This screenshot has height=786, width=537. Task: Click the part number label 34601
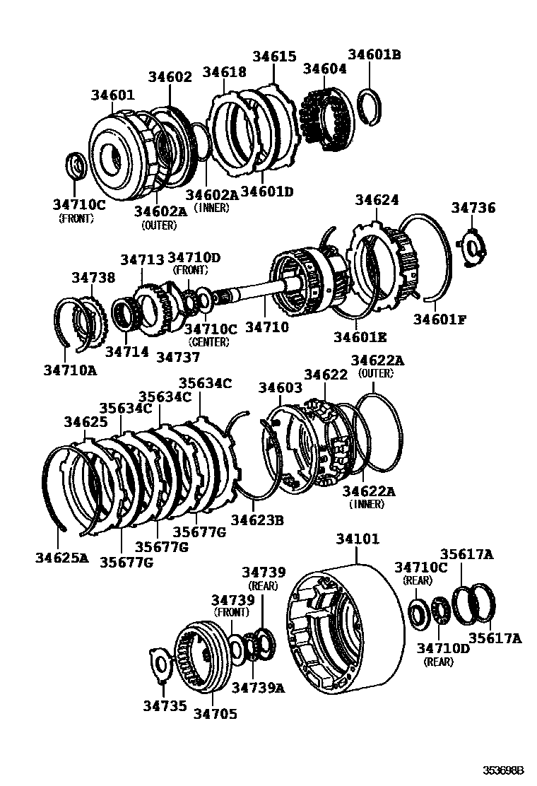coord(113,95)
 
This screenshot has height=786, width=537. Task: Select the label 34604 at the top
coord(324,69)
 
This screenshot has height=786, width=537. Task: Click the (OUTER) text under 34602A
coord(158,225)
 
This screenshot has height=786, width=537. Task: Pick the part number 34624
coord(377,201)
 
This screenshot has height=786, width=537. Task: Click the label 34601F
coord(439,319)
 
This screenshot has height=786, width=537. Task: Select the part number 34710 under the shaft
coord(266,327)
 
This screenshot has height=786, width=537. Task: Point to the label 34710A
coord(70,368)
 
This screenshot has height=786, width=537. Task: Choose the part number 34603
coord(280,387)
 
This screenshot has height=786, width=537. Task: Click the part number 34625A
coord(62,558)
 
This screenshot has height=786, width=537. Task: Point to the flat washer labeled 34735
coord(162,665)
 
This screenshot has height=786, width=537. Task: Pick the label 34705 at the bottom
coord(215,714)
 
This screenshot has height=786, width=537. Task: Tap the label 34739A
coord(258,687)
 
